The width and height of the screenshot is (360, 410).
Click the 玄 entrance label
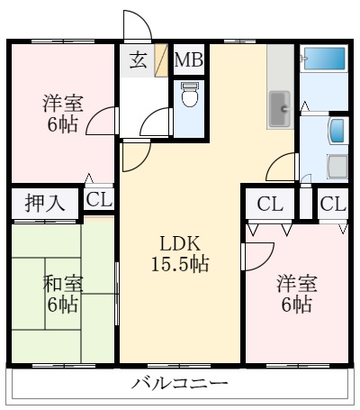pos(137,60)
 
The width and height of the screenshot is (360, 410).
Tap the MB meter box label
pos(189,60)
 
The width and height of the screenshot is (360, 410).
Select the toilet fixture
pos(189,96)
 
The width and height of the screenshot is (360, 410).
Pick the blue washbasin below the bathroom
pos(337,132)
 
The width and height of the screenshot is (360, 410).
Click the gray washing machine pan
pos(337,167)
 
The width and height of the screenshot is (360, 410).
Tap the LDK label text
pos(179,243)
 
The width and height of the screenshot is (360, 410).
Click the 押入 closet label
pos(44,202)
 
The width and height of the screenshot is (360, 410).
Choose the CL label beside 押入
pos(100,200)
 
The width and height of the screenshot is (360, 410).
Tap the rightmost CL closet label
pos(332,204)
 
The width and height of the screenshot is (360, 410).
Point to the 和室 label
pos(63,284)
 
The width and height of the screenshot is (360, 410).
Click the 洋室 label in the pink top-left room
pos(62,104)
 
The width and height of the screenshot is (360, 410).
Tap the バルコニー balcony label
pos(180,384)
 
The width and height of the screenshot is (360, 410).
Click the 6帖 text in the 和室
pos(63,305)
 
